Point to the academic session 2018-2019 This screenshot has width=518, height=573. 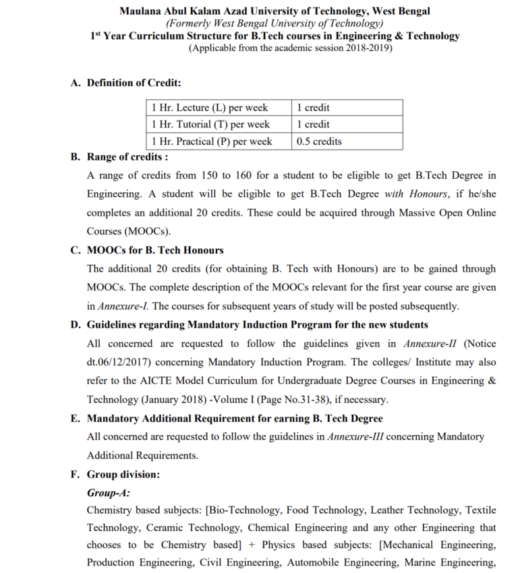pyautogui.click(x=367, y=48)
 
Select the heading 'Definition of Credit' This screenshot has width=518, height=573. pyautogui.click(x=134, y=84)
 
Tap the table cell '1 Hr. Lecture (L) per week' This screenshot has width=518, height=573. pyautogui.click(x=210, y=108)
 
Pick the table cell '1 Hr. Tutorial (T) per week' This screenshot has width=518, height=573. pyautogui.click(x=210, y=125)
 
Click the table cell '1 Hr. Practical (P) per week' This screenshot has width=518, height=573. pyautogui.click(x=212, y=142)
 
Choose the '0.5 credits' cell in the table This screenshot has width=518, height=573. pyautogui.click(x=319, y=142)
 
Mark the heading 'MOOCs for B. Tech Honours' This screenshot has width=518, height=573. pyautogui.click(x=155, y=250)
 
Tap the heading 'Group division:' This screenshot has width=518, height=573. pyautogui.click(x=123, y=474)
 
